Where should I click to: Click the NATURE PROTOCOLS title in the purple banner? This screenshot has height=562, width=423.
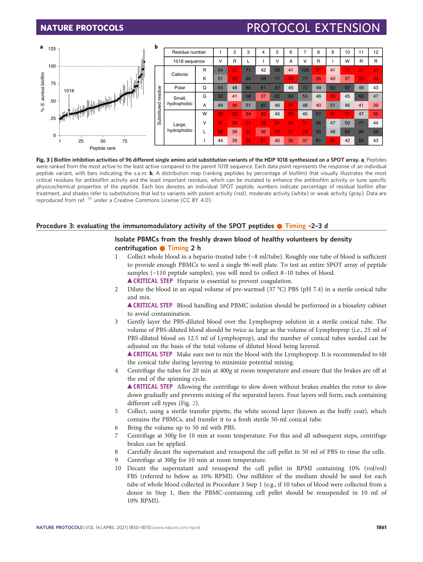tap(82, 28)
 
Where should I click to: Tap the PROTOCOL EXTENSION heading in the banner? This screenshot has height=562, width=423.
tap(313, 28)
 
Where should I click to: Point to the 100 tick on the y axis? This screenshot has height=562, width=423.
tap(52, 66)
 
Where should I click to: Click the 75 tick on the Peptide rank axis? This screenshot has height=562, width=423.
tap(125, 141)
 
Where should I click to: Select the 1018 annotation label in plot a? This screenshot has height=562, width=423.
tap(69, 91)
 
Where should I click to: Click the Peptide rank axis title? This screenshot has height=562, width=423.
tap(103, 148)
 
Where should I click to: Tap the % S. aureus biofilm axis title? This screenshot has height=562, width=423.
tap(43, 92)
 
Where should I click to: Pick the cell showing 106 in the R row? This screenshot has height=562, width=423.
tap(305, 70)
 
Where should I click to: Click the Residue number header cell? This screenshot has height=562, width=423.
tap(189, 52)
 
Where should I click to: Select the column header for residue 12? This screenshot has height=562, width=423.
tap(376, 52)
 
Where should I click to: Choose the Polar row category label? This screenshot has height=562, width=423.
tap(180, 88)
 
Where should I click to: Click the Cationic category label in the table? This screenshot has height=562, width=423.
tap(180, 74)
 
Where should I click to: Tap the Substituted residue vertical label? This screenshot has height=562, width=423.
tap(159, 105)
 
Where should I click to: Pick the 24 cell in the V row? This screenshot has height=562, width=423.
tap(248, 123)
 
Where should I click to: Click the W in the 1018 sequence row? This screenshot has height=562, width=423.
tap(347, 61)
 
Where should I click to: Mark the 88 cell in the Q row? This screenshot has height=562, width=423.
tap(248, 88)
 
